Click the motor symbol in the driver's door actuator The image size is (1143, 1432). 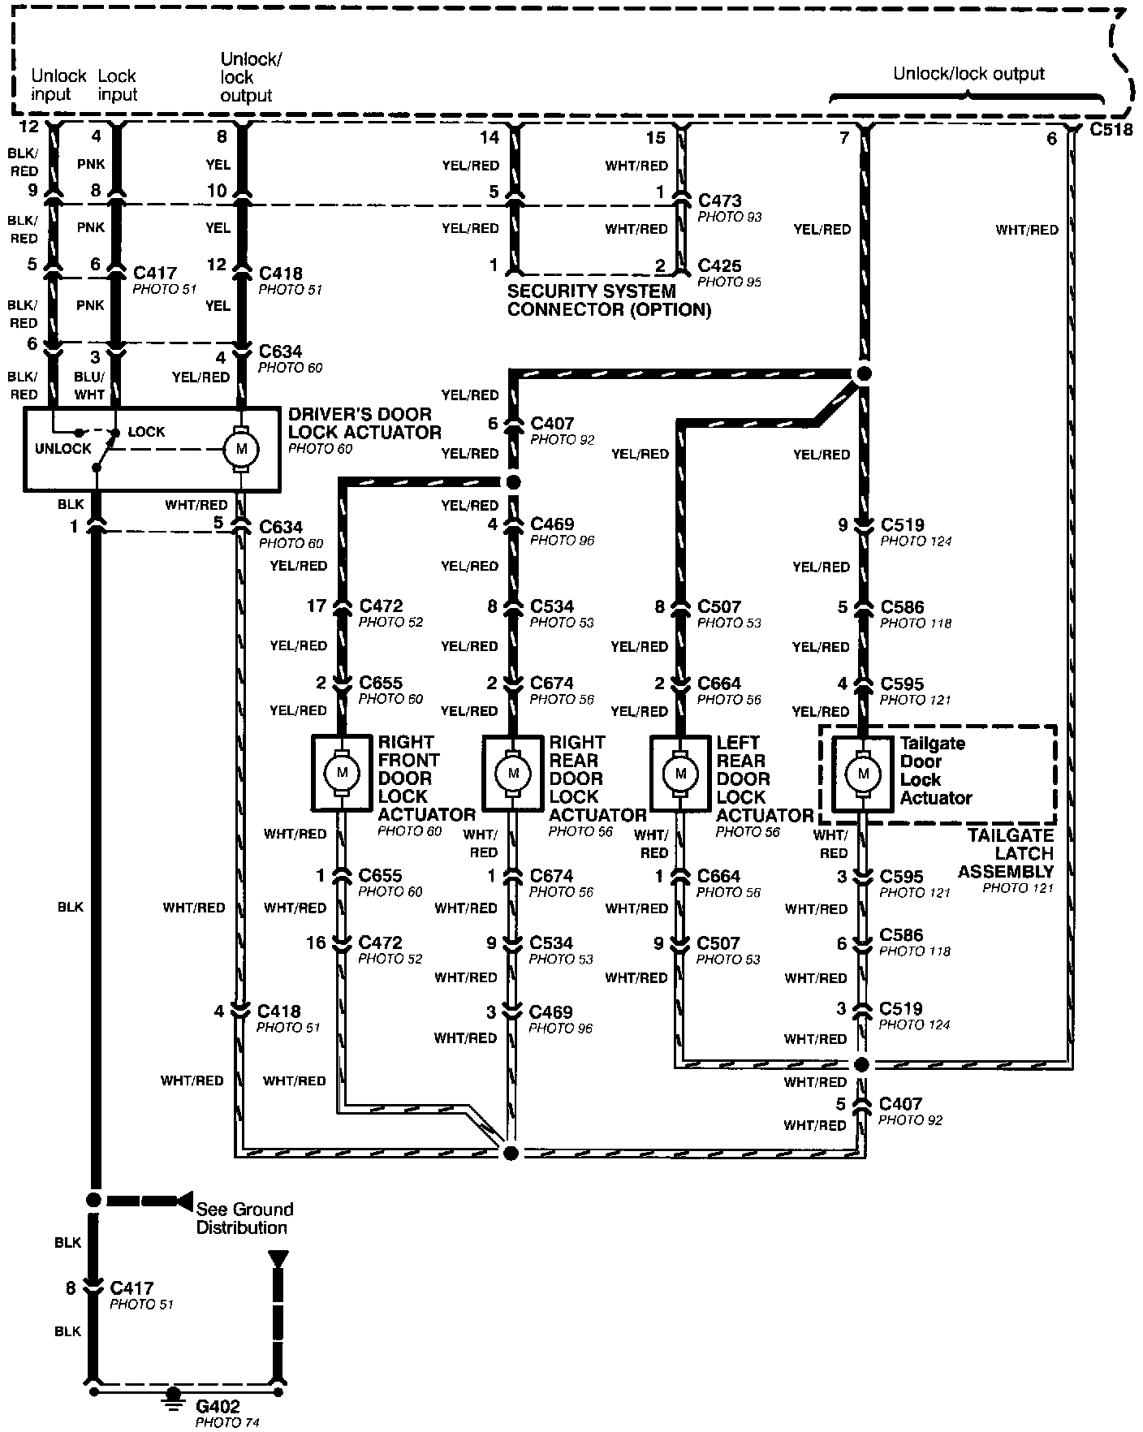click(240, 449)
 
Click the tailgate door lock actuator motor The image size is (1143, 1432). click(863, 773)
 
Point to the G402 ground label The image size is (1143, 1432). click(218, 1407)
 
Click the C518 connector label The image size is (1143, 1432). click(1111, 129)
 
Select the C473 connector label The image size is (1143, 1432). click(719, 200)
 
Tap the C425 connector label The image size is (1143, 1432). click(719, 265)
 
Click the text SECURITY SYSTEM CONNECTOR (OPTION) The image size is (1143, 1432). click(609, 300)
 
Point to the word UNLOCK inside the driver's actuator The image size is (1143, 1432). click(63, 449)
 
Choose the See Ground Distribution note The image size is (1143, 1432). click(244, 1218)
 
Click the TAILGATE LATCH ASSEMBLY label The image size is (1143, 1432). click(1007, 853)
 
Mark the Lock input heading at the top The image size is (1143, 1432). click(118, 85)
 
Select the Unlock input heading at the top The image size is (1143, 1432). click(58, 85)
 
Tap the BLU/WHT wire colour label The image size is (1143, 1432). click(89, 386)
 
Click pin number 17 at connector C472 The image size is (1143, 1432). click(316, 606)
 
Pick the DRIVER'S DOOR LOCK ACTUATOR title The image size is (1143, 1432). click(364, 423)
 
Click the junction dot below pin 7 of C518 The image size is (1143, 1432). click(864, 373)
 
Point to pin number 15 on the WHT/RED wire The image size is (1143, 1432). click(655, 139)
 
